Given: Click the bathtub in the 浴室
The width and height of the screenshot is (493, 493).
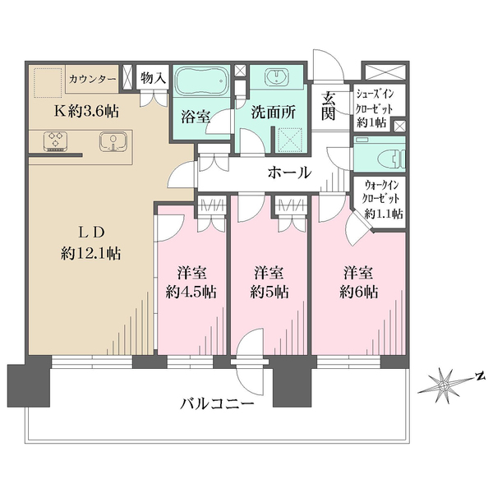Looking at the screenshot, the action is [201, 81].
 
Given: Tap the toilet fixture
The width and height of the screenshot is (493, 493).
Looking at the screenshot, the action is [392, 156].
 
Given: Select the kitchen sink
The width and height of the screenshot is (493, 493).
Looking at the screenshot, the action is [113, 141].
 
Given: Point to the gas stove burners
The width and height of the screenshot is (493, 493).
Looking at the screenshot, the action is [55, 141].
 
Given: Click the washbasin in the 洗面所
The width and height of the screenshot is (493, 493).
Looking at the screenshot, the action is [276, 76].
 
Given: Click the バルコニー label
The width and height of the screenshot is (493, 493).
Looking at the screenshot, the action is [217, 403].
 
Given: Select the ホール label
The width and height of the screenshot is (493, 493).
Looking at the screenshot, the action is [289, 173].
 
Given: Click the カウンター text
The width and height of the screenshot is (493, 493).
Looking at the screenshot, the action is [92, 79].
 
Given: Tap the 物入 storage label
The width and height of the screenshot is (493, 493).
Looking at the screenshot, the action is [153, 77].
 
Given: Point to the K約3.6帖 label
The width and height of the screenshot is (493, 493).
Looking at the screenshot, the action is [87, 111].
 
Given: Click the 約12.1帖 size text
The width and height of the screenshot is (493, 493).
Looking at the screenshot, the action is [91, 253].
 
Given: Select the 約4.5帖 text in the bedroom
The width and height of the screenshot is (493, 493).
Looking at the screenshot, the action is [191, 293].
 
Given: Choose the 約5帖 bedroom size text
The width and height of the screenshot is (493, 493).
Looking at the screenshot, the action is [270, 293].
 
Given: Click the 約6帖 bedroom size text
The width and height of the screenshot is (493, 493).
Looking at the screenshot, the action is [358, 293].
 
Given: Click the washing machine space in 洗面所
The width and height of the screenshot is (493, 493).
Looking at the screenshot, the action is [289, 140].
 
